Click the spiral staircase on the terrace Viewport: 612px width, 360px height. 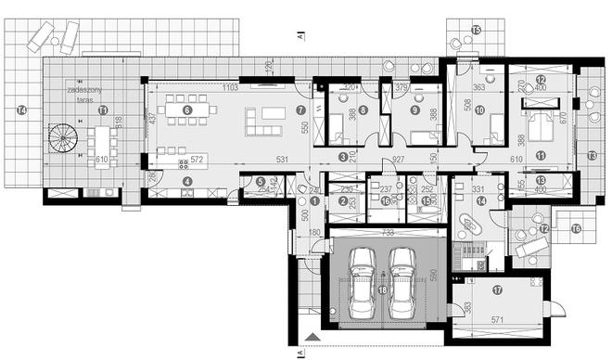pos(63,142)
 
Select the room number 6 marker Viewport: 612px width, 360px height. pos(187,109)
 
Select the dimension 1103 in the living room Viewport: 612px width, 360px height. pos(227,86)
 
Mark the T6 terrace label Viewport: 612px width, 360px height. pos(575,228)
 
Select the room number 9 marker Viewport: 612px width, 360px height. pos(416,109)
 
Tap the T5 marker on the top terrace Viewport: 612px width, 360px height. pos(476,31)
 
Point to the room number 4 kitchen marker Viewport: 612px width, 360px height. pos(186,181)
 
